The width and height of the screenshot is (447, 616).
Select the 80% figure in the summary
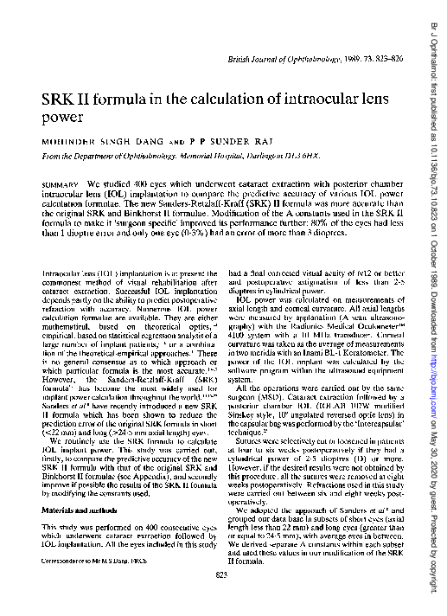[x=282, y=222]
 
